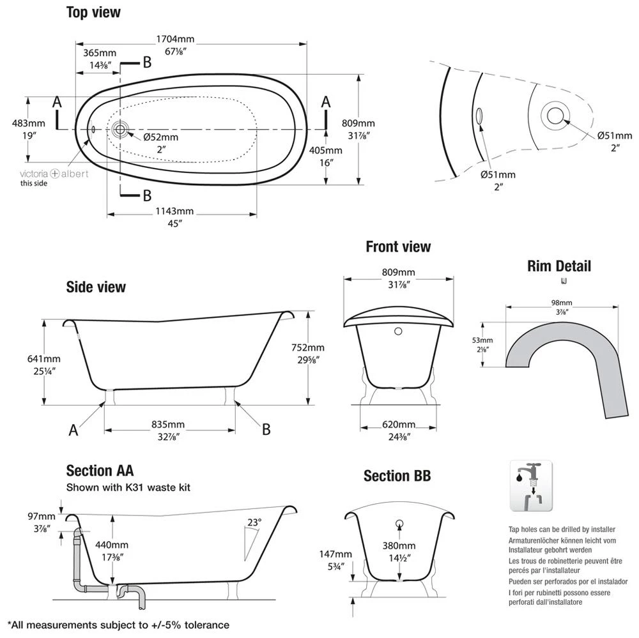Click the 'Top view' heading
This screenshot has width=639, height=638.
[x=93, y=12]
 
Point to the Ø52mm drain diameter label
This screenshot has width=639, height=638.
[x=160, y=137]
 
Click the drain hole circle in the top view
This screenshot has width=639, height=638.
[x=119, y=130]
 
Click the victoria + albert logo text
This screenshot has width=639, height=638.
[x=54, y=174]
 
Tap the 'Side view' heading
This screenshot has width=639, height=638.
[x=96, y=287]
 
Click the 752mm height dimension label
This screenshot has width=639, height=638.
[x=307, y=348]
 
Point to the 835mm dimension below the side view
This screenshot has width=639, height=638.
[x=168, y=425]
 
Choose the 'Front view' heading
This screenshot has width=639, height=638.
[x=398, y=247]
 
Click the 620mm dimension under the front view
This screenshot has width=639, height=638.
[x=398, y=425]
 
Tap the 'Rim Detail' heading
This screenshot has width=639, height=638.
[x=559, y=266]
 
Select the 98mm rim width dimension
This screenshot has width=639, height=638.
[x=563, y=302]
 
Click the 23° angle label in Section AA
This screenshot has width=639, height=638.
[x=254, y=522]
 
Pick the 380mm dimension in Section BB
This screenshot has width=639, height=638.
[x=399, y=546]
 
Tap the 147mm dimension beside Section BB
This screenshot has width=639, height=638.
[x=335, y=554]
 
